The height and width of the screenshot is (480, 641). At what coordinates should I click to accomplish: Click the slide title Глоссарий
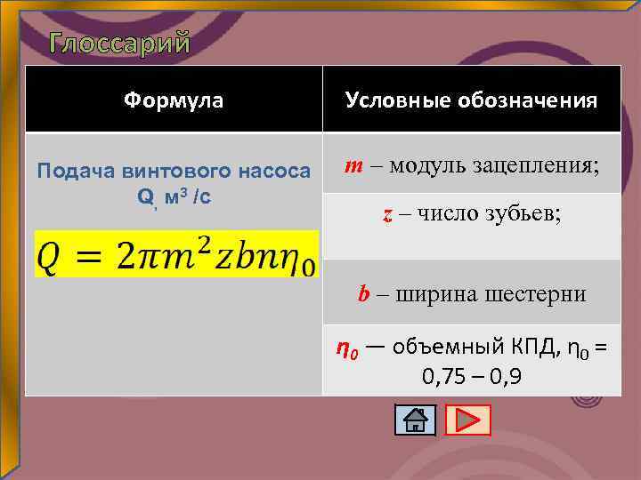tap(120, 43)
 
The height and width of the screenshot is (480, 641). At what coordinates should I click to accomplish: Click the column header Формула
tap(174, 100)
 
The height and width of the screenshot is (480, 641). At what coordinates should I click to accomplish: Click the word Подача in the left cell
tap(69, 171)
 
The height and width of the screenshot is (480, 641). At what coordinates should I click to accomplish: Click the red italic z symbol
tap(387, 214)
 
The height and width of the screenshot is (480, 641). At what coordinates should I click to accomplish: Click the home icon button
tap(415, 420)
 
